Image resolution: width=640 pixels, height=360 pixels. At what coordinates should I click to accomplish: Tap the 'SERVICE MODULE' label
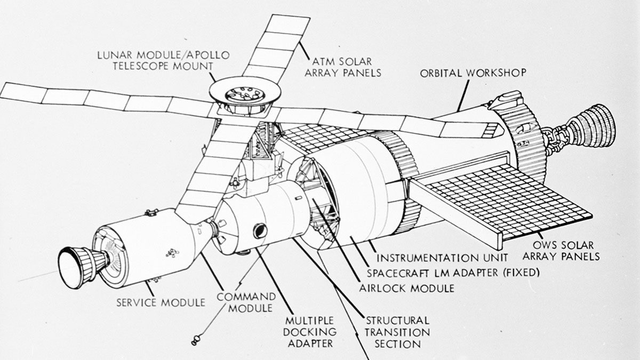(161, 302)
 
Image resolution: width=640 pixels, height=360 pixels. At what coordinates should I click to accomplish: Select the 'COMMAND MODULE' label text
(246, 302)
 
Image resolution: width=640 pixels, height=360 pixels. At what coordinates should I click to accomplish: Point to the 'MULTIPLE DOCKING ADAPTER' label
(309, 331)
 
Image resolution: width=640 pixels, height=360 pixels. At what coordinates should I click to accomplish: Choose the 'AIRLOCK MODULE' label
(406, 288)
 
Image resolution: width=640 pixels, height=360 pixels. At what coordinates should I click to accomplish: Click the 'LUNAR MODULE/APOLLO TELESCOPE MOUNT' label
(163, 60)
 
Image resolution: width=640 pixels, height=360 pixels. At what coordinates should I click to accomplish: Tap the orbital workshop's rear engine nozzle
(592, 129)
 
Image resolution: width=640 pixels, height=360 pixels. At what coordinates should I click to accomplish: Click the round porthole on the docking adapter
(260, 231)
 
